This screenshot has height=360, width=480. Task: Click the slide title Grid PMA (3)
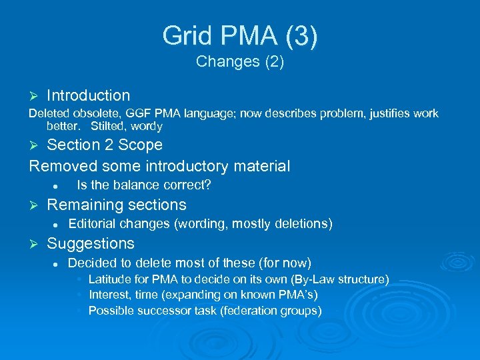240,35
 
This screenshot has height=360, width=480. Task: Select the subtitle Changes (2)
240,62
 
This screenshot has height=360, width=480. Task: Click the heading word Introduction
88,96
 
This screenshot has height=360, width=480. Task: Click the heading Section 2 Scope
105,145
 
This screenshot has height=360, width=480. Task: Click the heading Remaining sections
117,205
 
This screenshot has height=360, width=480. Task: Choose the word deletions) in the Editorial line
303,224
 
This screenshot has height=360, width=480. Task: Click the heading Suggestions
91,243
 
